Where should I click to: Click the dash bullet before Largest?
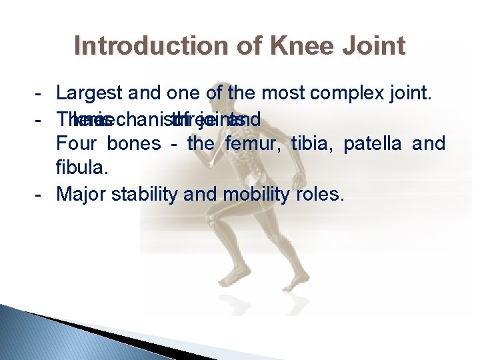click(x=42, y=93)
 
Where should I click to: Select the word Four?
click(x=75, y=144)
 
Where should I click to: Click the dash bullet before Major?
click(x=42, y=194)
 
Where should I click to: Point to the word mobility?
click(x=261, y=194)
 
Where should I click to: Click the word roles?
click(x=323, y=194)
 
